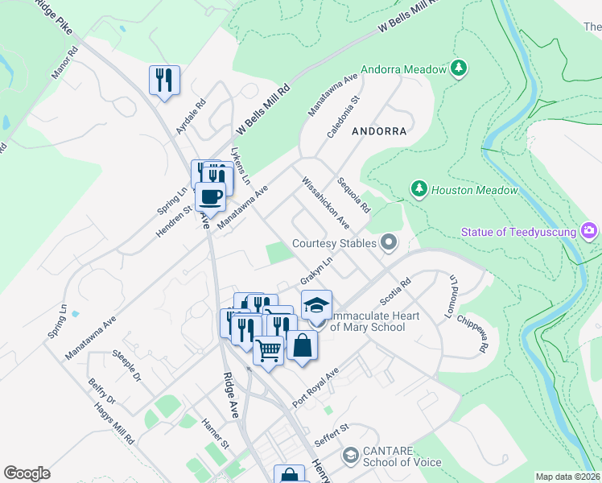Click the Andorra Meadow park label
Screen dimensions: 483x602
(x=403, y=70)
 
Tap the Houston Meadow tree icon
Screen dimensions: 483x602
(x=419, y=189)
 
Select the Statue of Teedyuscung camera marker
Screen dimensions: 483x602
(x=589, y=232)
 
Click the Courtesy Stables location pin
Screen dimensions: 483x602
(x=390, y=242)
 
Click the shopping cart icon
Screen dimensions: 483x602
(x=268, y=349)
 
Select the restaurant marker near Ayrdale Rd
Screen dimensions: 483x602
(x=164, y=80)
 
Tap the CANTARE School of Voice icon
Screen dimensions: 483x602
(x=350, y=456)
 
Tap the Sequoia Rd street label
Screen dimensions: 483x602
(x=354, y=194)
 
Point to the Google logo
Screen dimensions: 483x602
(x=27, y=473)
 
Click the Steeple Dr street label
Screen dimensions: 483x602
(x=126, y=365)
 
